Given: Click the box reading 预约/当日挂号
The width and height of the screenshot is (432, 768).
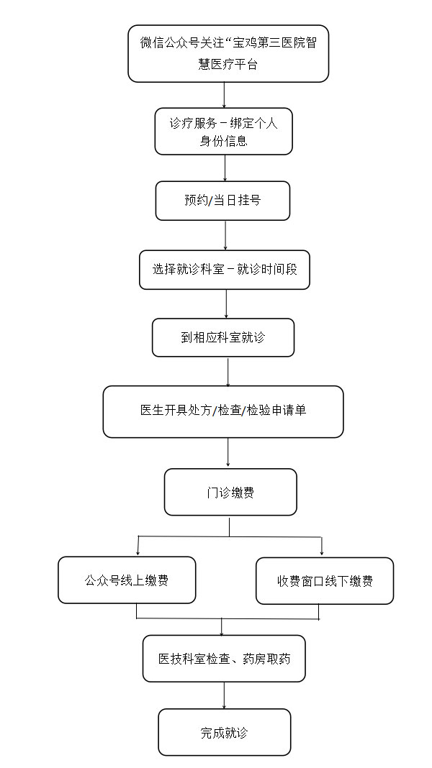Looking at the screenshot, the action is [222, 201].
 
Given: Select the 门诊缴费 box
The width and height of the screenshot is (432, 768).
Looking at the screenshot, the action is [230, 492].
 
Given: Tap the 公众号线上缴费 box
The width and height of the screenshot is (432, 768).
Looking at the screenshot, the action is [127, 580].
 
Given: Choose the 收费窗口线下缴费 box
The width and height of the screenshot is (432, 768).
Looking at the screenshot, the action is [325, 581].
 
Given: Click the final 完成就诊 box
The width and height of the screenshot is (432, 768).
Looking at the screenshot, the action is [225, 732].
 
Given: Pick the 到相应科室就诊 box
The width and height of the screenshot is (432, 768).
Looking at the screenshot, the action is [223, 337].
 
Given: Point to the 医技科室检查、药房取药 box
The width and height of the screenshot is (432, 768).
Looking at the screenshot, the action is [224, 658].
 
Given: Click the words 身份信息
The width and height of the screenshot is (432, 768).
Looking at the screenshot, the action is [224, 141].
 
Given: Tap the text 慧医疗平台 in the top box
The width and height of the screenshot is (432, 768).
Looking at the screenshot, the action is [228, 65].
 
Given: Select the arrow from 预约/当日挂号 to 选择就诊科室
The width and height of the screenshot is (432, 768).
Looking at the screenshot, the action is [225, 236].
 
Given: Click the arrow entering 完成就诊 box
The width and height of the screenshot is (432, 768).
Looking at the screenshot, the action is [225, 695].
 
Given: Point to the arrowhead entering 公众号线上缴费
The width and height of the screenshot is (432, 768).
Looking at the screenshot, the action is [138, 552].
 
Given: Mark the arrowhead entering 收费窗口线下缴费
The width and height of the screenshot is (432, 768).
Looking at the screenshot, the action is [322, 553].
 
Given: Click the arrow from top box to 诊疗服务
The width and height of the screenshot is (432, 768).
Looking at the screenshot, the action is [224, 95].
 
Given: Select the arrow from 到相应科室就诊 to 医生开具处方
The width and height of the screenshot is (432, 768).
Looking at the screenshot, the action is [228, 372].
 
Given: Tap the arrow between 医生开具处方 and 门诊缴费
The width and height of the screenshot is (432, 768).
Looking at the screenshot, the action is [228, 453].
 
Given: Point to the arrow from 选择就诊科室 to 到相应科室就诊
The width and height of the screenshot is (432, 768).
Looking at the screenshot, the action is [226, 304].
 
